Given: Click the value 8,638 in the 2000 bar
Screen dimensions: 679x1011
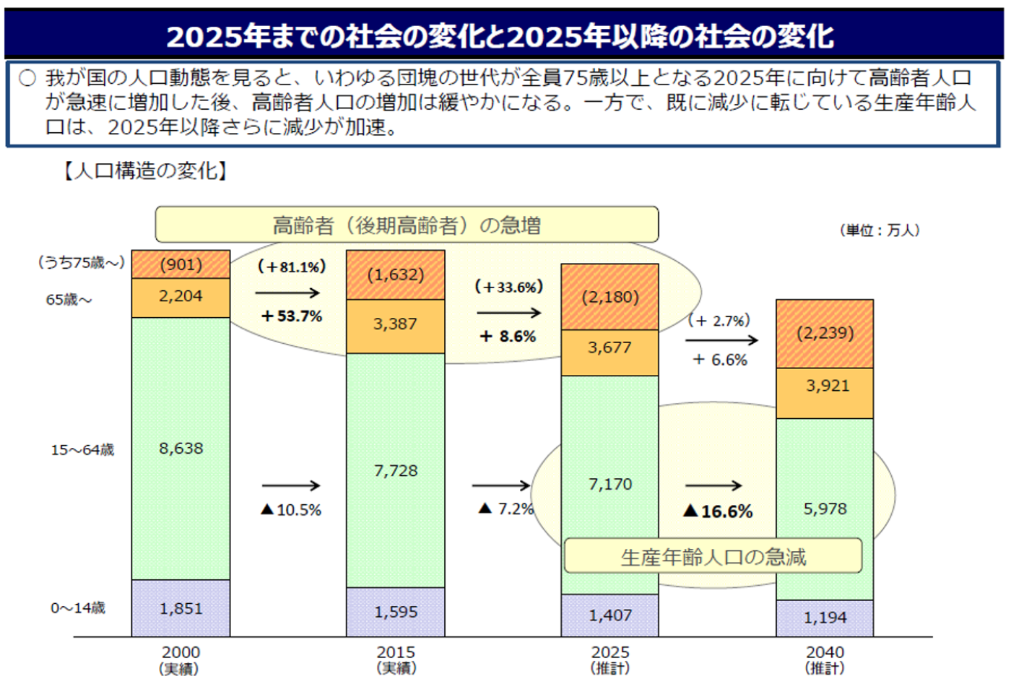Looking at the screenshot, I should click(x=181, y=449).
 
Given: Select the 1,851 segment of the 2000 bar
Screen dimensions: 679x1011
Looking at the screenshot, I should click(x=181, y=608).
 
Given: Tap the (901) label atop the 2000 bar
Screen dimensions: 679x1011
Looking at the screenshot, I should click(x=181, y=264).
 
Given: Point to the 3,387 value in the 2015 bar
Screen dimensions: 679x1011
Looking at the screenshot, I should click(x=395, y=324).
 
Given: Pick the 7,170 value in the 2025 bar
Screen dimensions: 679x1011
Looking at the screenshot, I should click(x=610, y=484).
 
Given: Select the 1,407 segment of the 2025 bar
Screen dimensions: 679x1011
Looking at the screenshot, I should click(x=610, y=615).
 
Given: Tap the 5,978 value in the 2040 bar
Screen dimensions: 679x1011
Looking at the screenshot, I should click(x=825, y=509).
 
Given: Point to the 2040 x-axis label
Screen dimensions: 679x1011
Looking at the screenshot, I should click(x=825, y=652).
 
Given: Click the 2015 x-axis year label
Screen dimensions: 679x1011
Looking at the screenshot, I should click(x=396, y=652).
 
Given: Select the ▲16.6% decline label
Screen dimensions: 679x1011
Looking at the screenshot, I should click(x=718, y=511).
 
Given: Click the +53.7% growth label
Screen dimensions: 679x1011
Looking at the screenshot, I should click(x=292, y=316).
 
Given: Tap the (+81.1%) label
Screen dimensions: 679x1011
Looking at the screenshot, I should click(x=292, y=267).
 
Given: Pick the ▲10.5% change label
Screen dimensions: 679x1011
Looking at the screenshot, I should click(x=291, y=510).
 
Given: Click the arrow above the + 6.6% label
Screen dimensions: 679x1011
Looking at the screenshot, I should click(x=721, y=340).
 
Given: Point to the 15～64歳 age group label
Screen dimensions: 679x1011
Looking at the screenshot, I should click(x=82, y=450).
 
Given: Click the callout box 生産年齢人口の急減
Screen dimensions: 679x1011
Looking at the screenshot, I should click(x=713, y=556).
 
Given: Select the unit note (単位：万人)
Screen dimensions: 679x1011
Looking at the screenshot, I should click(x=880, y=230).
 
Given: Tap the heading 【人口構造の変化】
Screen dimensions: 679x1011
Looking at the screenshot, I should click(x=144, y=171).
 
